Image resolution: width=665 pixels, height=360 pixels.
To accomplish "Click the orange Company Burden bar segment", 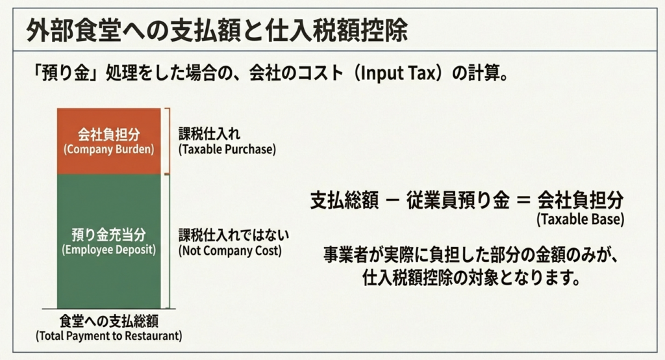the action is (109, 142).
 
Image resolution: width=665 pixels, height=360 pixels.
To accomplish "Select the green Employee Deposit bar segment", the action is (109, 242).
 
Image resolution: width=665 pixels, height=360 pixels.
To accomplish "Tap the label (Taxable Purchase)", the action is (227, 149).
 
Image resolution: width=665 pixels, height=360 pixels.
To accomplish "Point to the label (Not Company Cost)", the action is (230, 250).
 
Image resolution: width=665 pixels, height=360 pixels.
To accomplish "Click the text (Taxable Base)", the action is (580, 220).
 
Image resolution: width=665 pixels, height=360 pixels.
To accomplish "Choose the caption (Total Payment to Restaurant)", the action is (109, 336).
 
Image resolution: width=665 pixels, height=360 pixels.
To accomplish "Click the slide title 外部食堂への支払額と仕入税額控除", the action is (217, 31).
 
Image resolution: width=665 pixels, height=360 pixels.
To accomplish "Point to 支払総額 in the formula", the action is (344, 200).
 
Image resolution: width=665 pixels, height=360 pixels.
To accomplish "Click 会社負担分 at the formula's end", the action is (581, 200).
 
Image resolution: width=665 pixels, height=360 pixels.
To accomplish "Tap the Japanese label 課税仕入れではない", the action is (234, 235).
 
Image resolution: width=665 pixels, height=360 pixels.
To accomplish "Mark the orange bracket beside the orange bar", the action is (168, 142).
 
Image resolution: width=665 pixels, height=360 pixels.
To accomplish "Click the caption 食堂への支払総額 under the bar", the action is (109, 322).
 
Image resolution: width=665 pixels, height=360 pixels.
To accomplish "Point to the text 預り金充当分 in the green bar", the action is (109, 235).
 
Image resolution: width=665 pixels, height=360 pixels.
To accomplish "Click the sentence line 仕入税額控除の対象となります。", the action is (471, 278).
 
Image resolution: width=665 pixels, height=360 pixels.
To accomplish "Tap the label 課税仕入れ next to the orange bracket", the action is (209, 134).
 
